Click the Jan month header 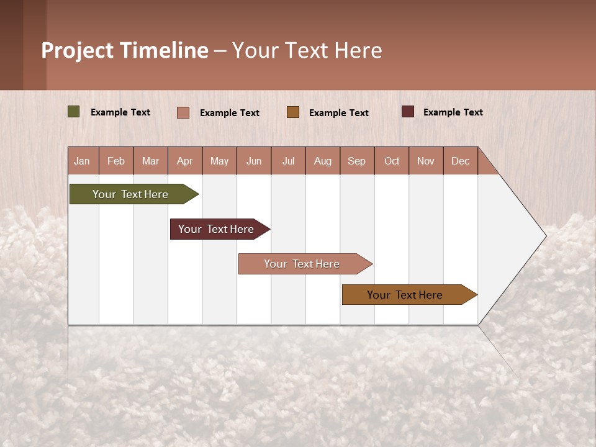click(x=82, y=161)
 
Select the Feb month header click(x=116, y=161)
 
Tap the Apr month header click(x=184, y=161)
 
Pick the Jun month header click(x=254, y=161)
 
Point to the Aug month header click(x=323, y=161)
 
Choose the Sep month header click(x=356, y=161)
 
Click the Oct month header click(x=392, y=161)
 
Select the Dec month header click(x=460, y=161)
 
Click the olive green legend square click(x=74, y=112)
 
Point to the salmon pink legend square click(x=183, y=112)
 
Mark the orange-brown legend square click(x=293, y=112)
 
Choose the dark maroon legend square click(x=408, y=112)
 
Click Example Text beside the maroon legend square click(x=453, y=112)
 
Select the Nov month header click(x=425, y=161)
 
